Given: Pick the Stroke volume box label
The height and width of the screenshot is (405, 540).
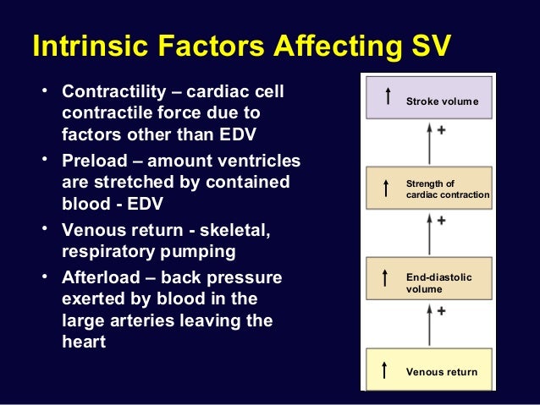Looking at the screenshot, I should point(442,101).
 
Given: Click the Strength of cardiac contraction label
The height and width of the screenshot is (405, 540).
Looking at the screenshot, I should point(447,189).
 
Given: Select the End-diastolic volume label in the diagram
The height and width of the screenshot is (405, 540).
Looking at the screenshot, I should point(438,283).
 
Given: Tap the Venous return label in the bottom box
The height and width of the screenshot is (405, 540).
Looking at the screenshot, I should point(442,372).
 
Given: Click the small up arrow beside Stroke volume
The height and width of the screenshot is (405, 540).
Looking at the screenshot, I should point(387,97).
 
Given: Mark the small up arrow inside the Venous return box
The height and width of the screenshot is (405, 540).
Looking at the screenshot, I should point(385,369).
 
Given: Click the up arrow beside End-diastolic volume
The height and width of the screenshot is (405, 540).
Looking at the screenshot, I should point(386,278).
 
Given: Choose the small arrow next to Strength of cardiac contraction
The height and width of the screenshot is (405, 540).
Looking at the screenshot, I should point(386,188).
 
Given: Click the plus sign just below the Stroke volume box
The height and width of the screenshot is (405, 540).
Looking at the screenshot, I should point(442,132).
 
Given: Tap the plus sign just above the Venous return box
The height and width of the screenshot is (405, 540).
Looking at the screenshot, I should point(442,311).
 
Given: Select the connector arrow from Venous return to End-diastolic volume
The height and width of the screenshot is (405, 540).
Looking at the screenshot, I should point(429,326).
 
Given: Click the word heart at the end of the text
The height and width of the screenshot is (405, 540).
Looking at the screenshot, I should point(84,342).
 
